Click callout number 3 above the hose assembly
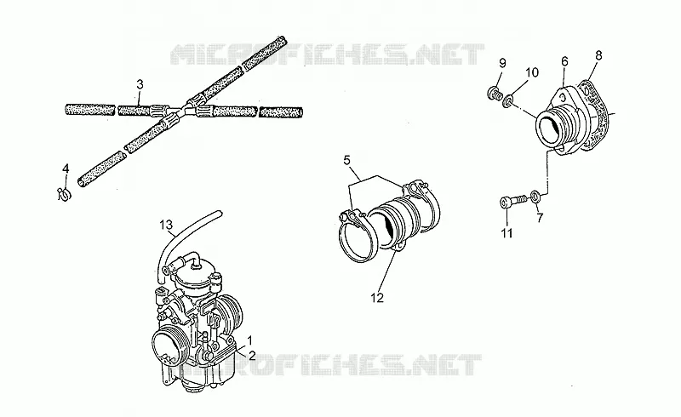[x=140, y=84]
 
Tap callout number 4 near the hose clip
[x=66, y=169]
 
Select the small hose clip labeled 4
[x=64, y=194]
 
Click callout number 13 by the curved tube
[x=166, y=225]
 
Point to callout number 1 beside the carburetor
[x=249, y=340]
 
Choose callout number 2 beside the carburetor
[x=251, y=356]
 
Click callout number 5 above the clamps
[x=346, y=160]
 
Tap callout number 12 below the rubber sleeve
[x=377, y=298]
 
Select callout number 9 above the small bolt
[x=502, y=63]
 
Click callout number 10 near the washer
[x=532, y=72]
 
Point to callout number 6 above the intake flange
[x=564, y=61]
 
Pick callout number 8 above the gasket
[x=598, y=55]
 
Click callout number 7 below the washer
[x=540, y=218]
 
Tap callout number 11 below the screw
[x=506, y=233]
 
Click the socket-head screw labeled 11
[x=513, y=202]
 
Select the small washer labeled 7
[x=535, y=197]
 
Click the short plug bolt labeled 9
[x=494, y=93]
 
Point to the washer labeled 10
[x=507, y=101]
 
